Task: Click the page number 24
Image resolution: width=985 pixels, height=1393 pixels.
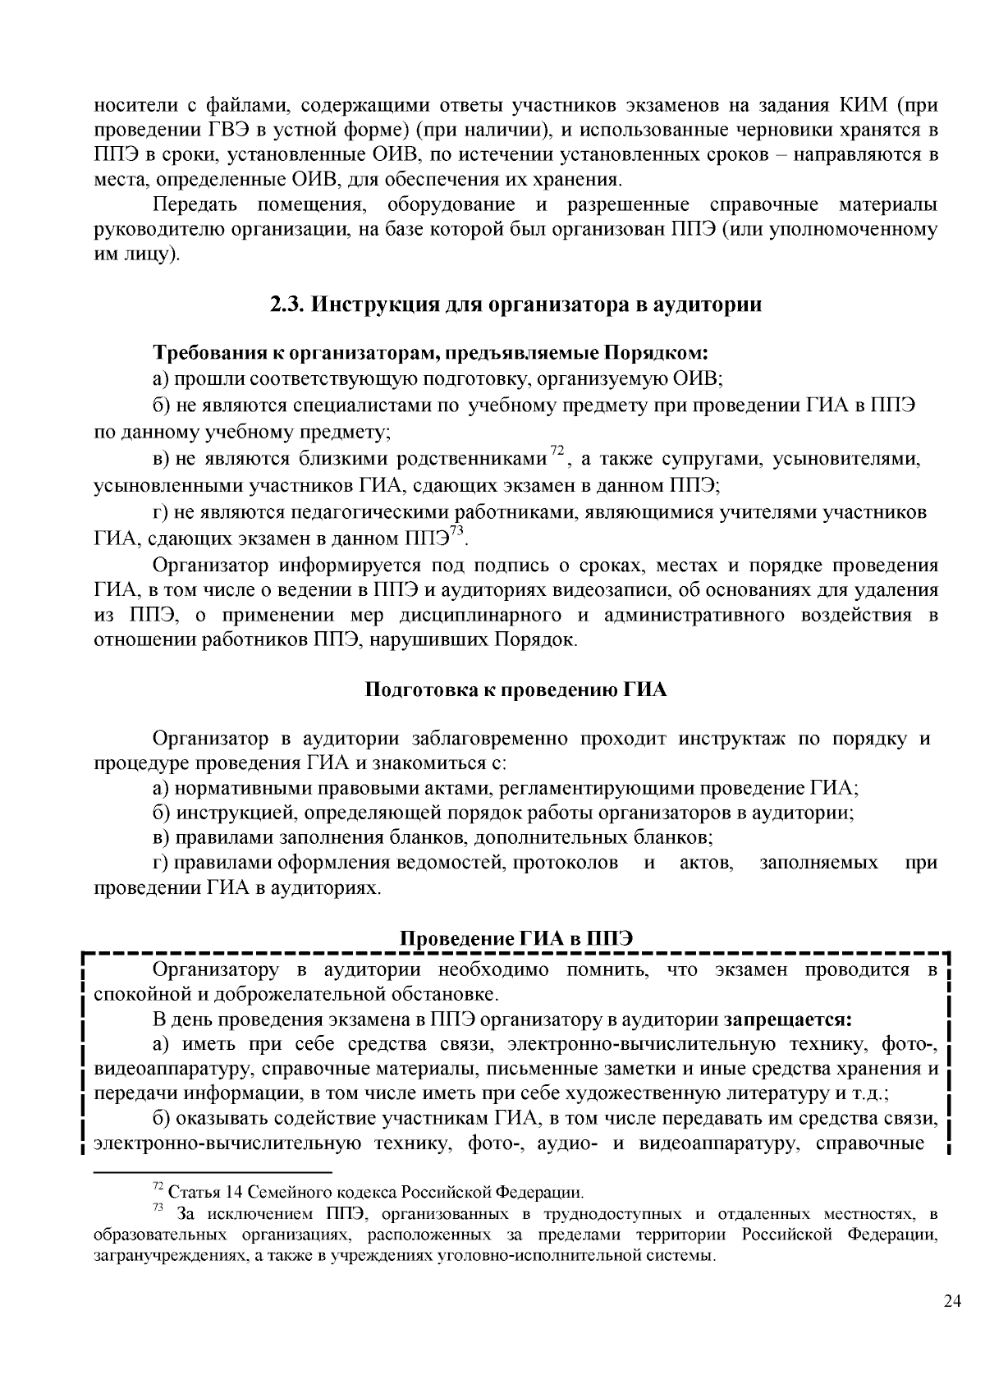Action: pos(952,1324)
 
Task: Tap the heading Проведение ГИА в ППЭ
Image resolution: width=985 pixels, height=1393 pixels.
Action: pos(515,939)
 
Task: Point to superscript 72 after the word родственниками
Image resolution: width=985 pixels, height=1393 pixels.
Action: pos(557,450)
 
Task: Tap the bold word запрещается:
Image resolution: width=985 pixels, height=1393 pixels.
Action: pos(787,1020)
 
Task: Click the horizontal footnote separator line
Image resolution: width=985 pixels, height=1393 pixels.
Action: pos(213,1172)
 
